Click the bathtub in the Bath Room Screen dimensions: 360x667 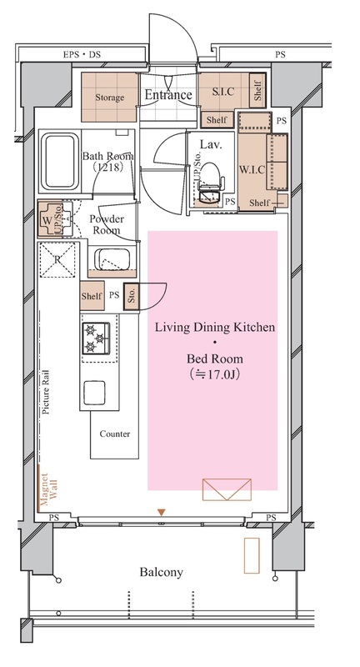pyautogui.click(x=61, y=161)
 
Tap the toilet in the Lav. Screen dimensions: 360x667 pyautogui.click(x=210, y=182)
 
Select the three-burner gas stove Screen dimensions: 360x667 pyautogui.click(x=97, y=339)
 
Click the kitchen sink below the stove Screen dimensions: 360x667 pyautogui.click(x=94, y=393)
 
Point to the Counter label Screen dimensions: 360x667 pyautogui.click(x=115, y=434)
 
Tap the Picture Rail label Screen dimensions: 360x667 pyautogui.click(x=46, y=392)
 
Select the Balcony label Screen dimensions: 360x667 pyautogui.click(x=162, y=572)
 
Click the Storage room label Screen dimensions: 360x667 pyautogui.click(x=109, y=98)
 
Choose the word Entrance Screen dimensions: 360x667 pyautogui.click(x=168, y=94)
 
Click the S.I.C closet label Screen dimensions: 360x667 pyautogui.click(x=223, y=91)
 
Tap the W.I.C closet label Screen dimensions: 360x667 pyautogui.click(x=252, y=170)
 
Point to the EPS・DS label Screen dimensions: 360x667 pyautogui.click(x=82, y=54)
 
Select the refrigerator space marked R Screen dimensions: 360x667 pyautogui.click(x=57, y=260)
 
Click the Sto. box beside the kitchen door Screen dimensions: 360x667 pyautogui.click(x=132, y=296)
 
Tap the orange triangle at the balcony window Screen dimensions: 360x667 pyautogui.click(x=161, y=512)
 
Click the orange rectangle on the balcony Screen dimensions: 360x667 pyautogui.click(x=252, y=555)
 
